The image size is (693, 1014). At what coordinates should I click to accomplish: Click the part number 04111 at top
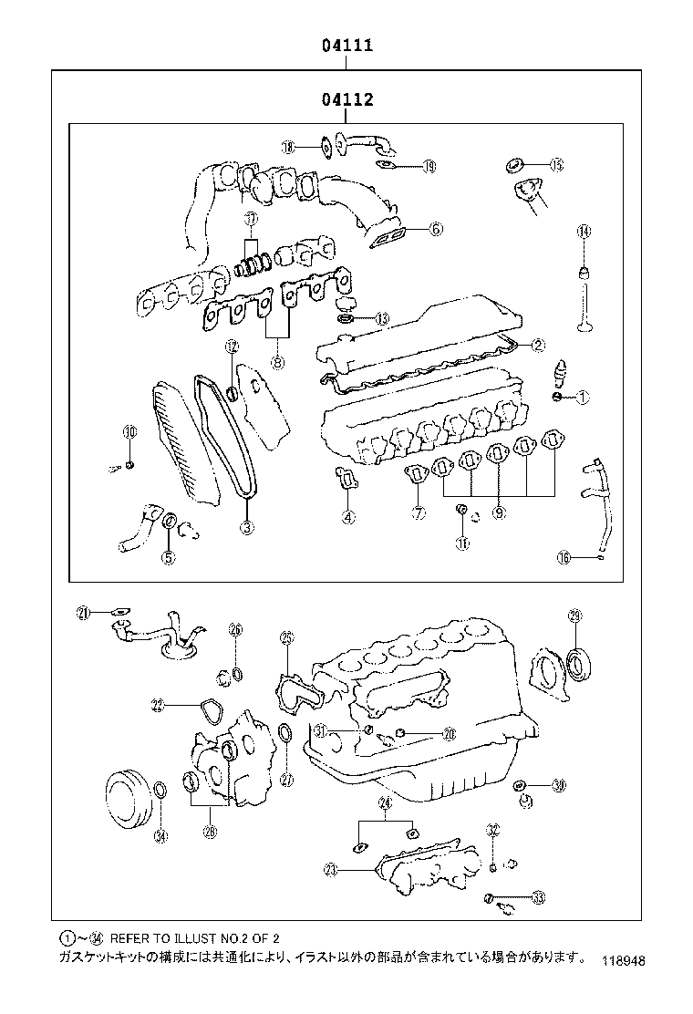tap(346, 45)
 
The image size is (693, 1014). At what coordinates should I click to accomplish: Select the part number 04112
tap(346, 98)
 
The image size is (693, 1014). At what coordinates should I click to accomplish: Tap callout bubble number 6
tap(436, 230)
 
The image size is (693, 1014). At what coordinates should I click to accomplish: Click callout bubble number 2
tap(538, 345)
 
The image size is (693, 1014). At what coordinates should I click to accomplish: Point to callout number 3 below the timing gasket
tap(246, 526)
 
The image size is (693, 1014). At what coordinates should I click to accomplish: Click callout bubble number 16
tap(564, 557)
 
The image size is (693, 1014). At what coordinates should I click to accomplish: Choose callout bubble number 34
tap(160, 835)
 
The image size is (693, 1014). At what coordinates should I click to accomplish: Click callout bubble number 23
tap(330, 870)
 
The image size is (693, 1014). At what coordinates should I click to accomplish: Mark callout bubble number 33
tap(538, 898)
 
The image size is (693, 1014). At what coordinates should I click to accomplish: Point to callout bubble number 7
tap(418, 513)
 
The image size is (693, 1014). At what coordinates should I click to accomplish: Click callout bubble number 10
tap(129, 431)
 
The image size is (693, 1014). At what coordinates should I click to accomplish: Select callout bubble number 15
tap(556, 165)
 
